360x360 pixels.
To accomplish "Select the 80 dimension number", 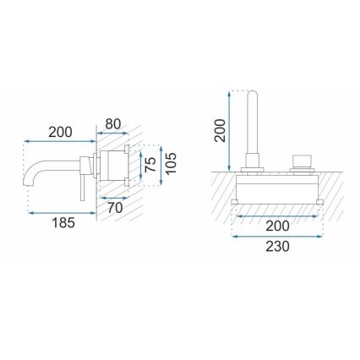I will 114,125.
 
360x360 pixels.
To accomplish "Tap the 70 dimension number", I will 117,206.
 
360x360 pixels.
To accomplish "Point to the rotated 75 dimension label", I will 150,164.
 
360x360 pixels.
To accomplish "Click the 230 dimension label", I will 278,246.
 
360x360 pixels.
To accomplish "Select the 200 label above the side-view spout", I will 60,132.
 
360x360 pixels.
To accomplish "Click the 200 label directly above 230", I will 278,226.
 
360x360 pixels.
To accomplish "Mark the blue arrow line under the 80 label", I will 113,134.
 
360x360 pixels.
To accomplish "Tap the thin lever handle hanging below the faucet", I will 81,187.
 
